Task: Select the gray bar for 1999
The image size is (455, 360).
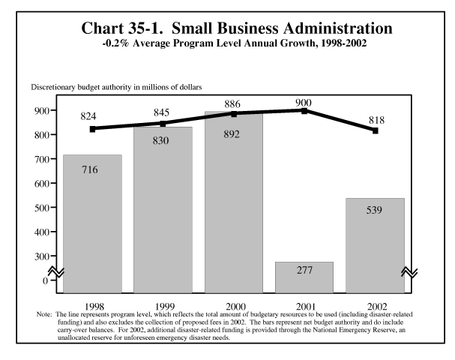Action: pos(163,210)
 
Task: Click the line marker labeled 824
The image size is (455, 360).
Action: pos(92,129)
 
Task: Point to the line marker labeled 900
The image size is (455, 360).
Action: pos(304,110)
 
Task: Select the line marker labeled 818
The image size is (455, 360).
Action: pos(375,130)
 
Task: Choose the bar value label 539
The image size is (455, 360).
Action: pos(374,210)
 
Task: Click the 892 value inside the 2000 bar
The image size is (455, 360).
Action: pos(233,136)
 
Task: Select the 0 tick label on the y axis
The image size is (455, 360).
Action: pos(45,280)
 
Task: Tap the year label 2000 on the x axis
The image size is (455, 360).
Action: pos(233,307)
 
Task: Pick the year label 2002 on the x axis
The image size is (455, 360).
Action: pos(374,307)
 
